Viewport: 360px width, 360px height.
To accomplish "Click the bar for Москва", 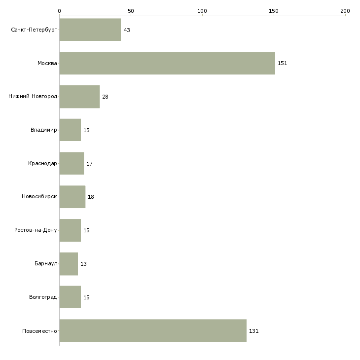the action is pyautogui.click(x=167, y=63).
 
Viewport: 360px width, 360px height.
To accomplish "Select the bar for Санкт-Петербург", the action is pyautogui.click(x=90, y=30).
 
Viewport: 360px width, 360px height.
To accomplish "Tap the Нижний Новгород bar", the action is pyautogui.click(x=79, y=97).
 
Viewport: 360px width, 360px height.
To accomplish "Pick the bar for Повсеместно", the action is pyautogui.click(x=153, y=330).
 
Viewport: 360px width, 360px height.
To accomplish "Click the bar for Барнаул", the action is pyautogui.click(x=69, y=264).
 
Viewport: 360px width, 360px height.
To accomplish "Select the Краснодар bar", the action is pyautogui.click(x=72, y=163).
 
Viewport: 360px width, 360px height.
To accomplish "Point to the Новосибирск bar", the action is pyautogui.click(x=72, y=197).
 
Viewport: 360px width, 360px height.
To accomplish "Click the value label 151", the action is pyautogui.click(x=283, y=63).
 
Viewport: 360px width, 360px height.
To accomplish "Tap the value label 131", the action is pyautogui.click(x=253, y=331).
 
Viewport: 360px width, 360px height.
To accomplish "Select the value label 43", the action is pyautogui.click(x=127, y=30).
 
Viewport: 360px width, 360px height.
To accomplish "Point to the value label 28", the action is pyautogui.click(x=105, y=97).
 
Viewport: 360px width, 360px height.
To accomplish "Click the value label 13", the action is pyautogui.click(x=83, y=264).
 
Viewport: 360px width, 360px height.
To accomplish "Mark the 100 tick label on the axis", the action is pyautogui.click(x=202, y=11).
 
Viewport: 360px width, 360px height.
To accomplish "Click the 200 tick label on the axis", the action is pyautogui.click(x=345, y=11).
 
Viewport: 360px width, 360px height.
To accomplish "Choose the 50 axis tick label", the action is pyautogui.click(x=131, y=11).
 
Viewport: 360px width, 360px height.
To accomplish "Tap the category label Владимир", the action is pyautogui.click(x=43, y=130).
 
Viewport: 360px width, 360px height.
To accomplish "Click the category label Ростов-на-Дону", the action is pyautogui.click(x=36, y=230).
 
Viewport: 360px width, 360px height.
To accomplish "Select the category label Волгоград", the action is pyautogui.click(x=43, y=297).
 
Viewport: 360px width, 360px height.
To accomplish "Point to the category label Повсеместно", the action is pyautogui.click(x=39, y=331).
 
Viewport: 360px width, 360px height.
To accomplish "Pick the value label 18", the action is pyautogui.click(x=91, y=197).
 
